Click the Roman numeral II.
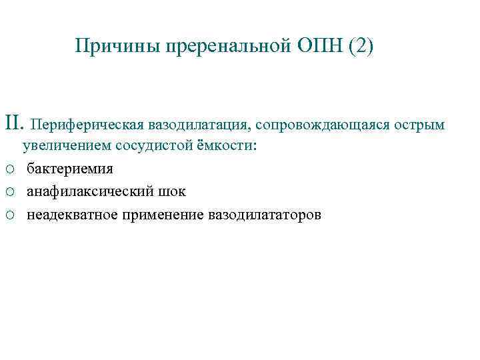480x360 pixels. pos(15,123)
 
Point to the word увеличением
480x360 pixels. pos(66,146)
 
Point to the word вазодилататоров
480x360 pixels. pos(265,214)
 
